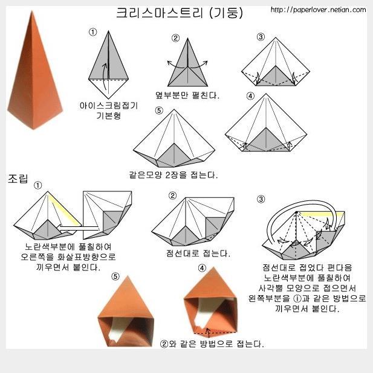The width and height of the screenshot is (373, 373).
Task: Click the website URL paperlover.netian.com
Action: pyautogui.click(x=318, y=10)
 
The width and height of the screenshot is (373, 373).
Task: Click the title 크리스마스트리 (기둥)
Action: pyautogui.click(x=180, y=13)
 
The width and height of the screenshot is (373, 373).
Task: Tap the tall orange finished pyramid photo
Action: pyautogui.click(x=34, y=71)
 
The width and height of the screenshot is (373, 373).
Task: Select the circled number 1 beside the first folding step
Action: pyautogui.click(x=92, y=32)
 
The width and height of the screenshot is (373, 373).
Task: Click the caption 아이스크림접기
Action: pyautogui.click(x=109, y=106)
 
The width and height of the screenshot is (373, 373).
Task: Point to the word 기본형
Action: pyautogui.click(x=109, y=116)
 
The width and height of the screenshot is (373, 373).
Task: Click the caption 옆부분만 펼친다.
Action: pyautogui.click(x=187, y=95)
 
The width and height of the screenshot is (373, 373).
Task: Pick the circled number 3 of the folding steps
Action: pyautogui.click(x=261, y=37)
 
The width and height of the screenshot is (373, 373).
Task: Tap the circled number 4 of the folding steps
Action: pyautogui.click(x=250, y=96)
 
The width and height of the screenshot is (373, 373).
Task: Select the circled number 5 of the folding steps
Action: pyautogui.click(x=159, y=110)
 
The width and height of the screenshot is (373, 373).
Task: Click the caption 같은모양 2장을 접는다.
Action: pyautogui.click(x=174, y=175)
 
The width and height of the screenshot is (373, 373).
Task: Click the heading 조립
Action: pyautogui.click(x=18, y=179)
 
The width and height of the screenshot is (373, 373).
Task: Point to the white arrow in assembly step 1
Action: pyautogui.click(x=79, y=228)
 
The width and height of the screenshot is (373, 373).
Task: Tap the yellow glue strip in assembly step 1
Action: pyautogui.click(x=64, y=209)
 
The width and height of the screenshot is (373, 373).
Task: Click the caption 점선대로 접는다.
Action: pyautogui.click(x=198, y=253)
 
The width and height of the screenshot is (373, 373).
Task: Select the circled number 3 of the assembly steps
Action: pyautogui.click(x=261, y=199)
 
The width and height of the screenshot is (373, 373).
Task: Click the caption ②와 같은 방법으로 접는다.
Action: pyautogui.click(x=212, y=344)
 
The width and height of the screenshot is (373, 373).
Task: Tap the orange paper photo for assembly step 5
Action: pyautogui.click(x=126, y=311)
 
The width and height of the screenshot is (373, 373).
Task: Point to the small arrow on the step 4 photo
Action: pyautogui.click(x=208, y=333)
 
